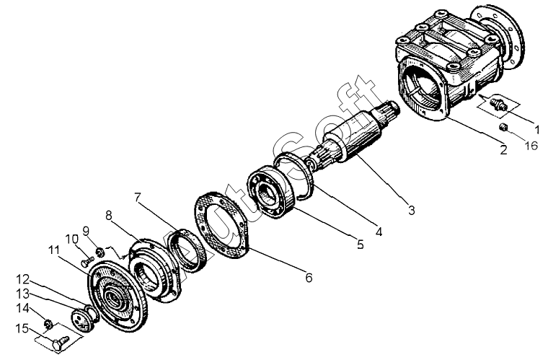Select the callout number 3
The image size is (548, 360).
[x=411, y=211]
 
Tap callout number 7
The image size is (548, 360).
[x=137, y=196]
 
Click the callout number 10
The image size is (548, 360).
[x=72, y=239]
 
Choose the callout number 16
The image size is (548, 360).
[x=532, y=144]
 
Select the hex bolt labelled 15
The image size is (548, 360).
[x=60, y=336]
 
